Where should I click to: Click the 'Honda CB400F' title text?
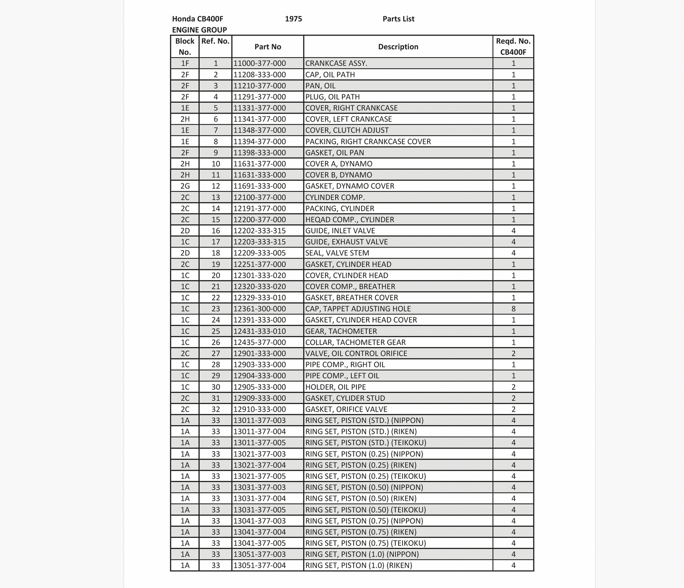point(197,19)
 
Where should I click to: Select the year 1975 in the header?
point(293,19)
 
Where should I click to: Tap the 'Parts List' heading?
point(398,19)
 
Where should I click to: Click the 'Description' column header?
point(398,47)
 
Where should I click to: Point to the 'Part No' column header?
point(267,47)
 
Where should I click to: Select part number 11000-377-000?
point(260,63)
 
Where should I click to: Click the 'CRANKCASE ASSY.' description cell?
point(336,63)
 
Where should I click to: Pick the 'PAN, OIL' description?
point(320,86)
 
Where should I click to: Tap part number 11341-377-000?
point(260,119)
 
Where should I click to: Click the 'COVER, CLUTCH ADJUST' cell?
point(347,130)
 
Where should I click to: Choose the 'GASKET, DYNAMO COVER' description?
point(350,186)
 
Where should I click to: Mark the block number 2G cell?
point(185,186)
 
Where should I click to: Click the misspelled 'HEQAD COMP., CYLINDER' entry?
point(350,219)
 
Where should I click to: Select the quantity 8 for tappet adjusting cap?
point(513,309)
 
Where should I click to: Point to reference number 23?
point(215,309)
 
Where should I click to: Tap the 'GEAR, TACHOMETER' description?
point(341,331)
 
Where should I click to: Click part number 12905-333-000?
point(260,387)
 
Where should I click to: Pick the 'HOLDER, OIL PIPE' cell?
point(336,387)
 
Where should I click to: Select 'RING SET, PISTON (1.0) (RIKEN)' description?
point(359,565)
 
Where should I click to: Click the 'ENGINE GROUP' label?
point(199,30)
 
